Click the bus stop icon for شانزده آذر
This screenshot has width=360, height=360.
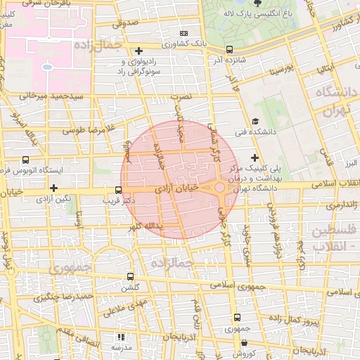[230, 49]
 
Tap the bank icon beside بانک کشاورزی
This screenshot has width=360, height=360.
[184, 33]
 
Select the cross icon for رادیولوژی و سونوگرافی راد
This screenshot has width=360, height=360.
[139, 51]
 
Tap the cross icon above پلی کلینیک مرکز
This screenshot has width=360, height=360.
[255, 157]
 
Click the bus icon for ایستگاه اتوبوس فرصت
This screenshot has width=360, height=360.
[26, 160]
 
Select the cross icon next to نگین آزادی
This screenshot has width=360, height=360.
[54, 187]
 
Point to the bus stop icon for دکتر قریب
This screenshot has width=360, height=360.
[118, 190]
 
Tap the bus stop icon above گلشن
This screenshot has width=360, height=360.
[129, 276]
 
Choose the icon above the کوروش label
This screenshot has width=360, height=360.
[243, 343]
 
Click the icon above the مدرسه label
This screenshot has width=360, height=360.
[120, 337]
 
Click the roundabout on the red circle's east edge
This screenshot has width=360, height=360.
[220, 187]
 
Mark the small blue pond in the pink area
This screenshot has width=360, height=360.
[46, 67]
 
